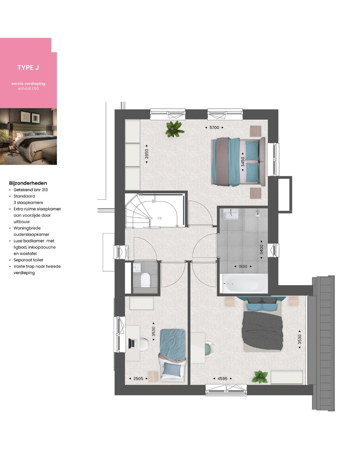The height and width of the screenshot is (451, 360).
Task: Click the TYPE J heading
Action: point(28,68)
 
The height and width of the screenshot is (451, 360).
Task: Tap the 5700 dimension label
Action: point(214,128)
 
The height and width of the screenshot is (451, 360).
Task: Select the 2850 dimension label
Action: point(147,154)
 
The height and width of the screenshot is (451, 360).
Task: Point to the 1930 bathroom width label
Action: point(243,266)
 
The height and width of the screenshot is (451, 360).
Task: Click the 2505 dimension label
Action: point(138,378)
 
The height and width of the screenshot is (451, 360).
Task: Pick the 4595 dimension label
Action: point(223,378)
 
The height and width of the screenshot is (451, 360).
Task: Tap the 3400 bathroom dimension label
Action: point(261,250)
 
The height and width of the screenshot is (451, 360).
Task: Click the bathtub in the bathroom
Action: point(243,283)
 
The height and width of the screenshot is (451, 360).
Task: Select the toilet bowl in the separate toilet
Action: point(146,280)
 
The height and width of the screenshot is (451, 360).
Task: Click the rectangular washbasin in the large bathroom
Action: point(231,214)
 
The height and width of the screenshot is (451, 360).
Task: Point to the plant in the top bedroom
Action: point(175,129)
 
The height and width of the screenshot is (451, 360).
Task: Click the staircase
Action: point(155,211)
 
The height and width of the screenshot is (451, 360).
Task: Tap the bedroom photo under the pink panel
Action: point(28,137)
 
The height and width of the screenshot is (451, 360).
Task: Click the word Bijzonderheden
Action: point(28,183)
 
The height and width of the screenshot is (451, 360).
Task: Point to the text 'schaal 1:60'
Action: point(28,88)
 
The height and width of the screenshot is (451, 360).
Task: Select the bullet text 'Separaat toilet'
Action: point(28,260)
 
